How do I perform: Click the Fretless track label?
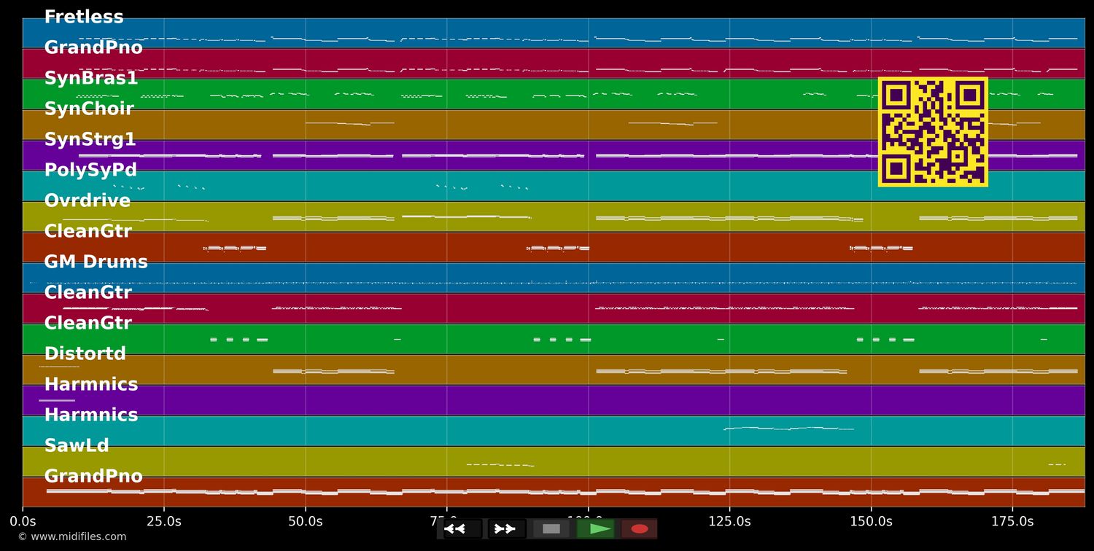(84, 17)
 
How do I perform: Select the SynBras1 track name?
(91, 79)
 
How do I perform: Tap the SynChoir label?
(89, 109)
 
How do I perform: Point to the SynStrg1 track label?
(90, 140)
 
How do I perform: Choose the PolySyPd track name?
(90, 171)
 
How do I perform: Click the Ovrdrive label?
(87, 201)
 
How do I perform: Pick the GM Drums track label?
(96, 262)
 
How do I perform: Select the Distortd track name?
(85, 354)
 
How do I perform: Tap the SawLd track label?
(77, 446)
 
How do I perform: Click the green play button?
(600, 529)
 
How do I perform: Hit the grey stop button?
(551, 529)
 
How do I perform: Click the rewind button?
(454, 529)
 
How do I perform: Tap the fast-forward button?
(505, 529)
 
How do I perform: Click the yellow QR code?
(933, 132)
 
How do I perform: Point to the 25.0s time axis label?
(164, 522)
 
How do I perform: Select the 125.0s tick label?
(729, 522)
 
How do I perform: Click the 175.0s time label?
(1012, 522)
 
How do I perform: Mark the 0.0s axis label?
(23, 522)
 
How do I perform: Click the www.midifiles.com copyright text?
(71, 537)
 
